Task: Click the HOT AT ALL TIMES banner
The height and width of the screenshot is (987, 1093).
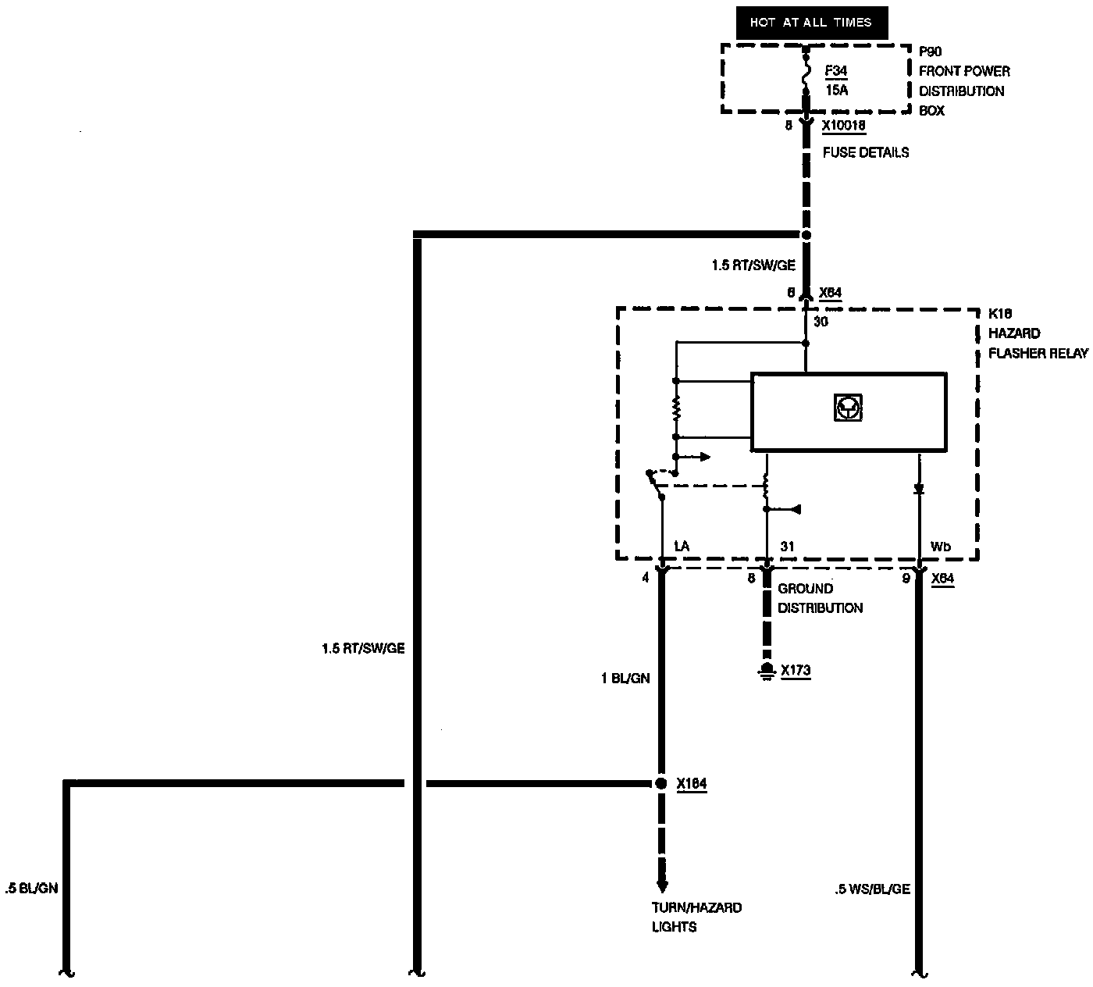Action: coord(811,23)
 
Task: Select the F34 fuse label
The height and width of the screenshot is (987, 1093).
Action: coord(836,71)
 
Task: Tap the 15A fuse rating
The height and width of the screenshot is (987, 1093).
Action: coord(837,90)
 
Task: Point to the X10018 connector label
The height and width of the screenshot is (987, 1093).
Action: coord(844,125)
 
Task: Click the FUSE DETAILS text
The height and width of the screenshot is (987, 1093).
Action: coord(866,152)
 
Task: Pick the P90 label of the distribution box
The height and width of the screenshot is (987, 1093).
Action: coord(930,52)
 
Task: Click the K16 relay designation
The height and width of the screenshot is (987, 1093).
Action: coord(1000,314)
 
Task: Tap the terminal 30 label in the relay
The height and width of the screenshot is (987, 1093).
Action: coord(821,322)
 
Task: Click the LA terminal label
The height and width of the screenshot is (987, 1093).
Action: coord(681,547)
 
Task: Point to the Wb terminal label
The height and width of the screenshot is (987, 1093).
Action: coord(941,547)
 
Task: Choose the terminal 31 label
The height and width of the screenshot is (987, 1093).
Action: coord(787,547)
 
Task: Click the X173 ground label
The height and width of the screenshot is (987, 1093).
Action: coord(796,670)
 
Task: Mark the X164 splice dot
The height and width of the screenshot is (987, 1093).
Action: coord(661,783)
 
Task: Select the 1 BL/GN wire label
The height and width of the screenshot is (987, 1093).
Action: coord(625,679)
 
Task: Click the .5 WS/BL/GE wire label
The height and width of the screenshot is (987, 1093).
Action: coord(872,889)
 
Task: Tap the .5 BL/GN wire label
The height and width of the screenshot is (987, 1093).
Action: coord(31,888)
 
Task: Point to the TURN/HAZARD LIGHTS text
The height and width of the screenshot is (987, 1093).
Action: coord(685,918)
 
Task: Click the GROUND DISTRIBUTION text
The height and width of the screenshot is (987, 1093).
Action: coord(820,598)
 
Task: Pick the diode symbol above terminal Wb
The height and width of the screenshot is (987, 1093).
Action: coord(919,490)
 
